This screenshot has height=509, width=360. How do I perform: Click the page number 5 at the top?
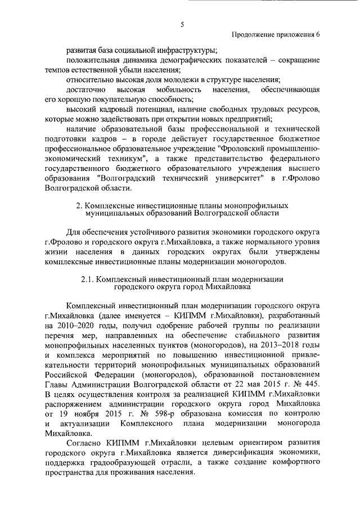pos(182,24)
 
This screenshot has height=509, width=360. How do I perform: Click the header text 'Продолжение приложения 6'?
pos(276,35)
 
